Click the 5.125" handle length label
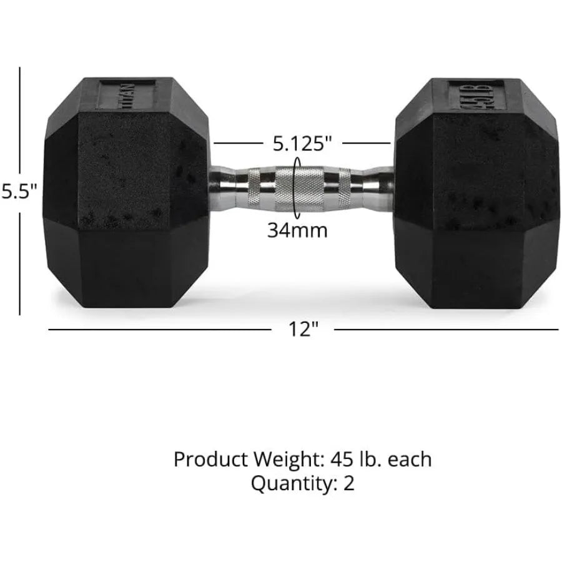302,144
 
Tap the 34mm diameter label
298,230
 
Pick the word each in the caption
409,460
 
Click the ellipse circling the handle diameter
295,187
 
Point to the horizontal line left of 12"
156,329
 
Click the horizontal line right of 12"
446,329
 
